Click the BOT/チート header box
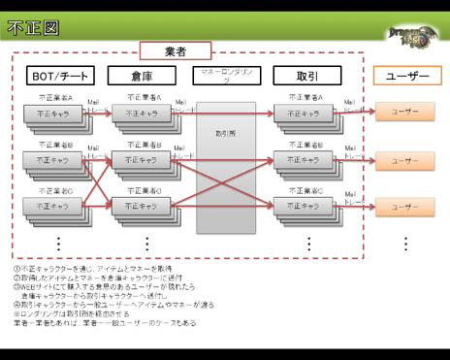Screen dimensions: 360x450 click(60, 76)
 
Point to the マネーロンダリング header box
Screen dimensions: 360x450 click(225, 76)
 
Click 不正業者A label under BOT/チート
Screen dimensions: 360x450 click(57, 98)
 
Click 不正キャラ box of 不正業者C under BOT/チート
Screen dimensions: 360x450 click(53, 206)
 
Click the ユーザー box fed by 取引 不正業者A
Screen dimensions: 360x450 click(404, 113)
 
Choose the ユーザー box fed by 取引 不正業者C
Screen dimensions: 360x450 click(404, 206)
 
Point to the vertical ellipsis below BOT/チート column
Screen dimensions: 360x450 click(58, 243)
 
